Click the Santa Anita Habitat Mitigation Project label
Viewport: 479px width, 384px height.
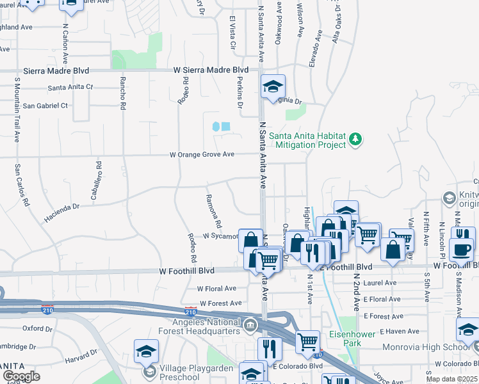click(x=307, y=140)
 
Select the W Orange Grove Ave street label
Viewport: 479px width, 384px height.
click(x=202, y=155)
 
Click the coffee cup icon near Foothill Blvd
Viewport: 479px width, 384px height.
click(x=461, y=250)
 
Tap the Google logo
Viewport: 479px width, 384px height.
click(x=20, y=376)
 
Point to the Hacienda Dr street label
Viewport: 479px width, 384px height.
click(x=62, y=212)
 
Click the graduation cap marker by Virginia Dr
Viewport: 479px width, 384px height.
click(x=273, y=87)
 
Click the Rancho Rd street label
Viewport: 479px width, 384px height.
click(x=122, y=93)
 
